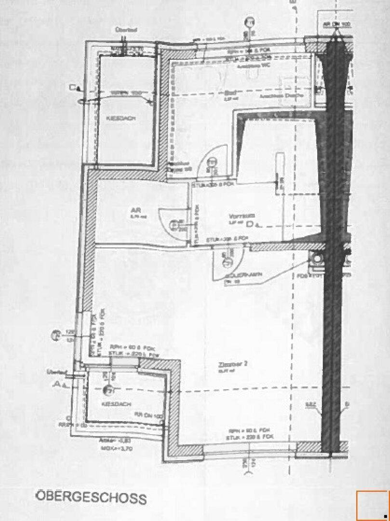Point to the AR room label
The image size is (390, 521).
point(135,210)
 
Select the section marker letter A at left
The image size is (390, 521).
point(58,384)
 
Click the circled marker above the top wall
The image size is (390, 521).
point(249,22)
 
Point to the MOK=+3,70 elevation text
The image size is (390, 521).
point(110,449)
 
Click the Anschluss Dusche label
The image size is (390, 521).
point(288,96)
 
